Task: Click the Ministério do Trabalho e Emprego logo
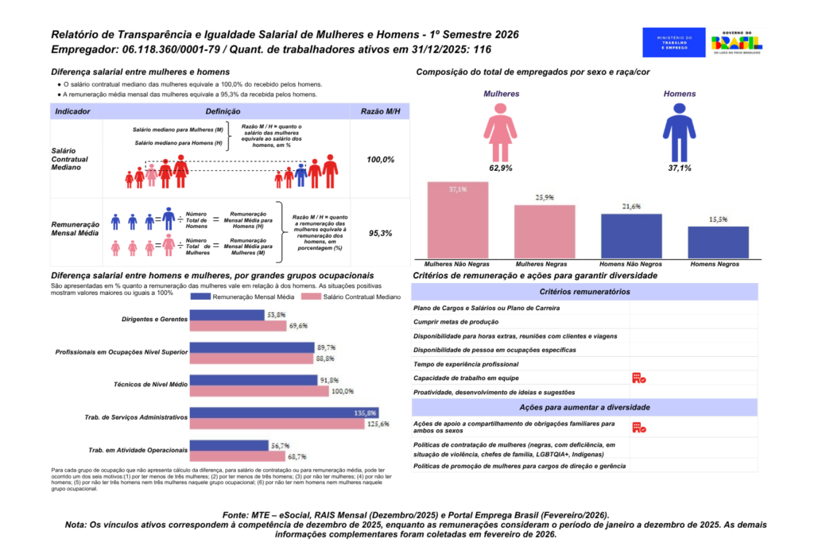674,41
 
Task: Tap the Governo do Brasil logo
736,41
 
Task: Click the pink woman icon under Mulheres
500,132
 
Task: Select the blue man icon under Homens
679,132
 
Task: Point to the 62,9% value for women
500,169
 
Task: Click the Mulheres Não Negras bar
457,220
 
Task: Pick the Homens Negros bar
718,242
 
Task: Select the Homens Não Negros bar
631,235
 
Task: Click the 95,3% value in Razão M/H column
380,234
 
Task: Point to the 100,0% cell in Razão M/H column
380,160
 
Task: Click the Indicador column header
72,112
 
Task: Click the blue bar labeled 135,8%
285,413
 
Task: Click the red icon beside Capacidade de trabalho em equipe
638,378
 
